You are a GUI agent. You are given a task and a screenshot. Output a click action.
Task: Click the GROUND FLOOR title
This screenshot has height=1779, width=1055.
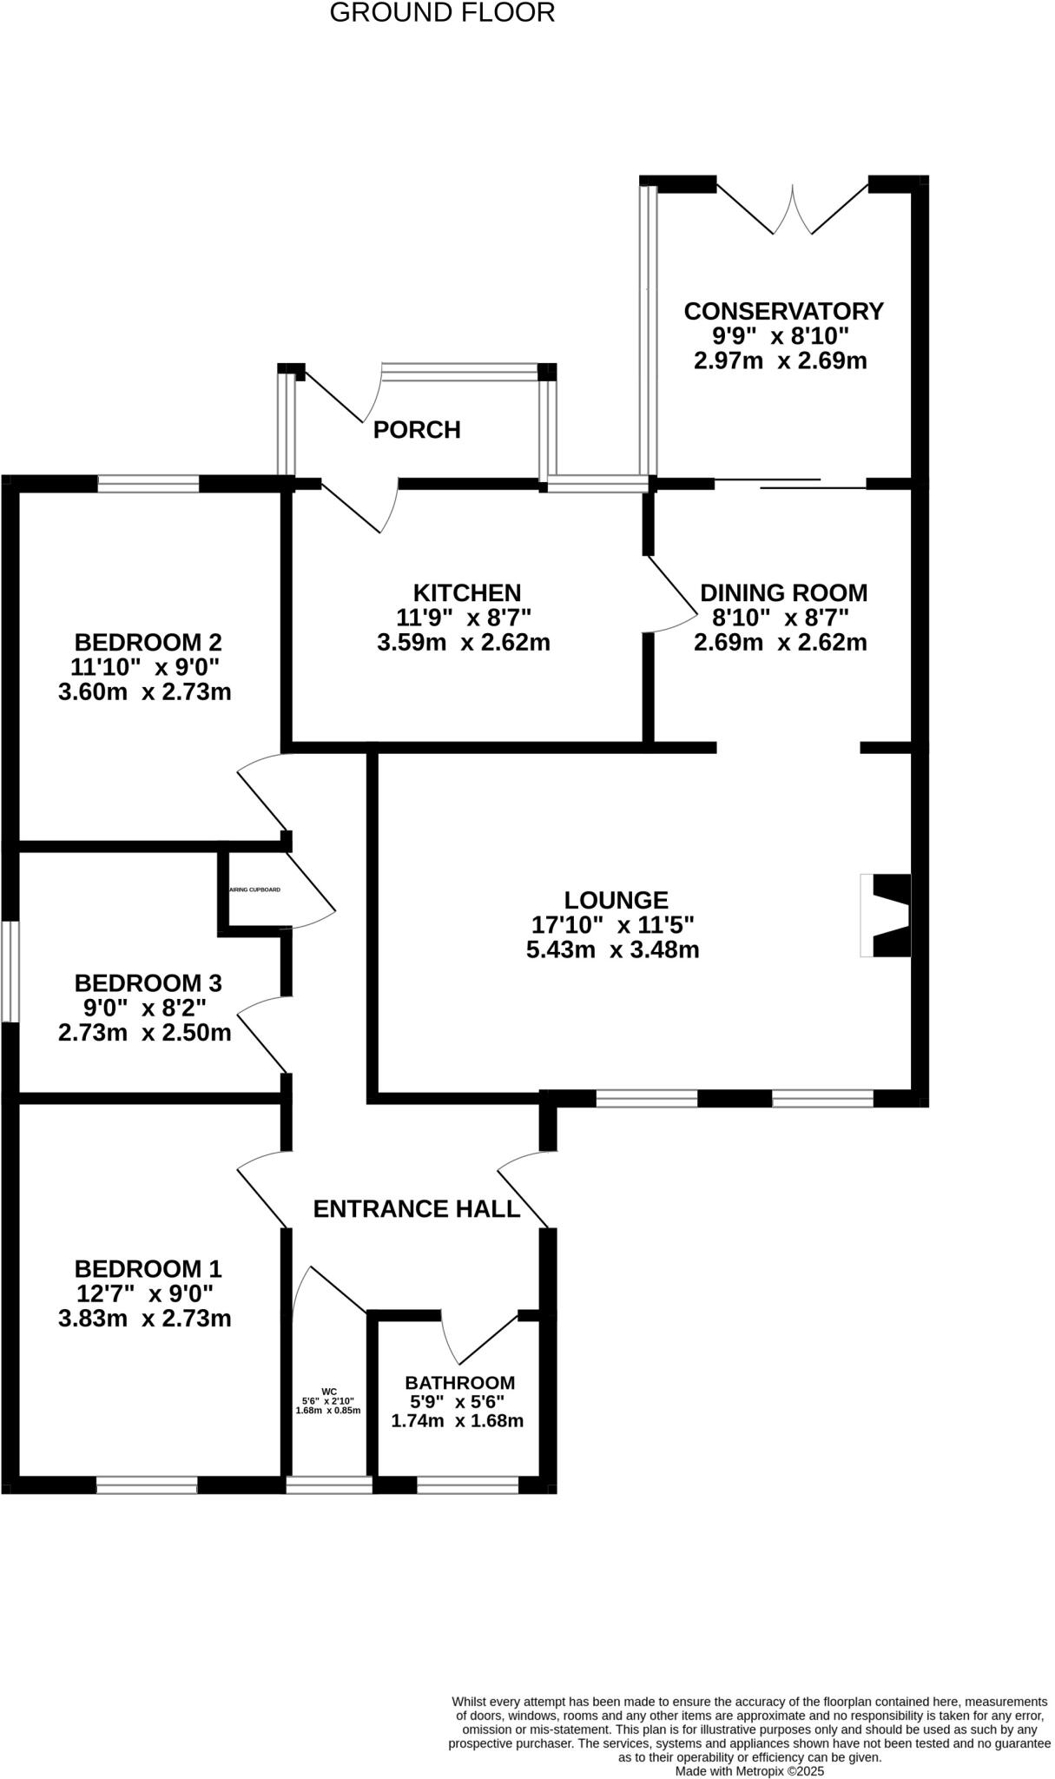(x=442, y=13)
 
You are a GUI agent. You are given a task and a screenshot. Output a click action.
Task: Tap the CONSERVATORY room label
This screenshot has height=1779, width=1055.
(x=783, y=311)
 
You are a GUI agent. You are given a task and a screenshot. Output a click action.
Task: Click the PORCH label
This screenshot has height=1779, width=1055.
(x=417, y=430)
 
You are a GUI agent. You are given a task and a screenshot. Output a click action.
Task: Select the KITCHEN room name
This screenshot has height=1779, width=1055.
(x=467, y=592)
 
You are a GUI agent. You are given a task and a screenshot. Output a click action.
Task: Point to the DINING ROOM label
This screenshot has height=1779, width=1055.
(x=783, y=592)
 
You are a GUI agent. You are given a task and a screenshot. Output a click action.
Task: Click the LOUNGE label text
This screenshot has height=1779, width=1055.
(x=616, y=900)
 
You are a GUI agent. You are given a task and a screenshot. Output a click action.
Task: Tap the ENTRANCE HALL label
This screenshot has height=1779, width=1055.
(x=417, y=1209)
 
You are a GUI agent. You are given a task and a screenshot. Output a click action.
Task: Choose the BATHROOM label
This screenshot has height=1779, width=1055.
(x=460, y=1382)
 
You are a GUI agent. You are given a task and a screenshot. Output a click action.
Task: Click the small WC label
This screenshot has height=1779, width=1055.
(x=328, y=1391)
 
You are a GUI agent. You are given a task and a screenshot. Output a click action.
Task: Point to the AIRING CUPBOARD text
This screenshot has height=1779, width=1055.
(x=254, y=890)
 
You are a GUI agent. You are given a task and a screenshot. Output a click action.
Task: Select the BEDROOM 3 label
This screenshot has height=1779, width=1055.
(x=148, y=983)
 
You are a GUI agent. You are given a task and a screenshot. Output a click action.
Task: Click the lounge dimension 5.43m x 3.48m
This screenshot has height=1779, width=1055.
(x=613, y=949)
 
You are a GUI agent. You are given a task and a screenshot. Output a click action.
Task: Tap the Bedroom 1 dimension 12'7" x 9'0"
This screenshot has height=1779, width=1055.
(x=144, y=1293)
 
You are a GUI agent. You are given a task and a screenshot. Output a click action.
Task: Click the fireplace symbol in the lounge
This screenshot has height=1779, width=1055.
(x=887, y=916)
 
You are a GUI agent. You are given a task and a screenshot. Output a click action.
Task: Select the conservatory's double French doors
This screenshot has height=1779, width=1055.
(x=792, y=209)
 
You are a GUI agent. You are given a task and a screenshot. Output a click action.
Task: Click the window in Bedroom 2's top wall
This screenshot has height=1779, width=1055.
(x=148, y=484)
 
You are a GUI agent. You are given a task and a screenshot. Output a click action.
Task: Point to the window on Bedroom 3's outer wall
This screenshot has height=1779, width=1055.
(x=10, y=971)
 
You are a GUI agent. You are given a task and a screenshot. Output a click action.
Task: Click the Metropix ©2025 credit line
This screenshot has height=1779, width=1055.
(x=749, y=1771)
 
